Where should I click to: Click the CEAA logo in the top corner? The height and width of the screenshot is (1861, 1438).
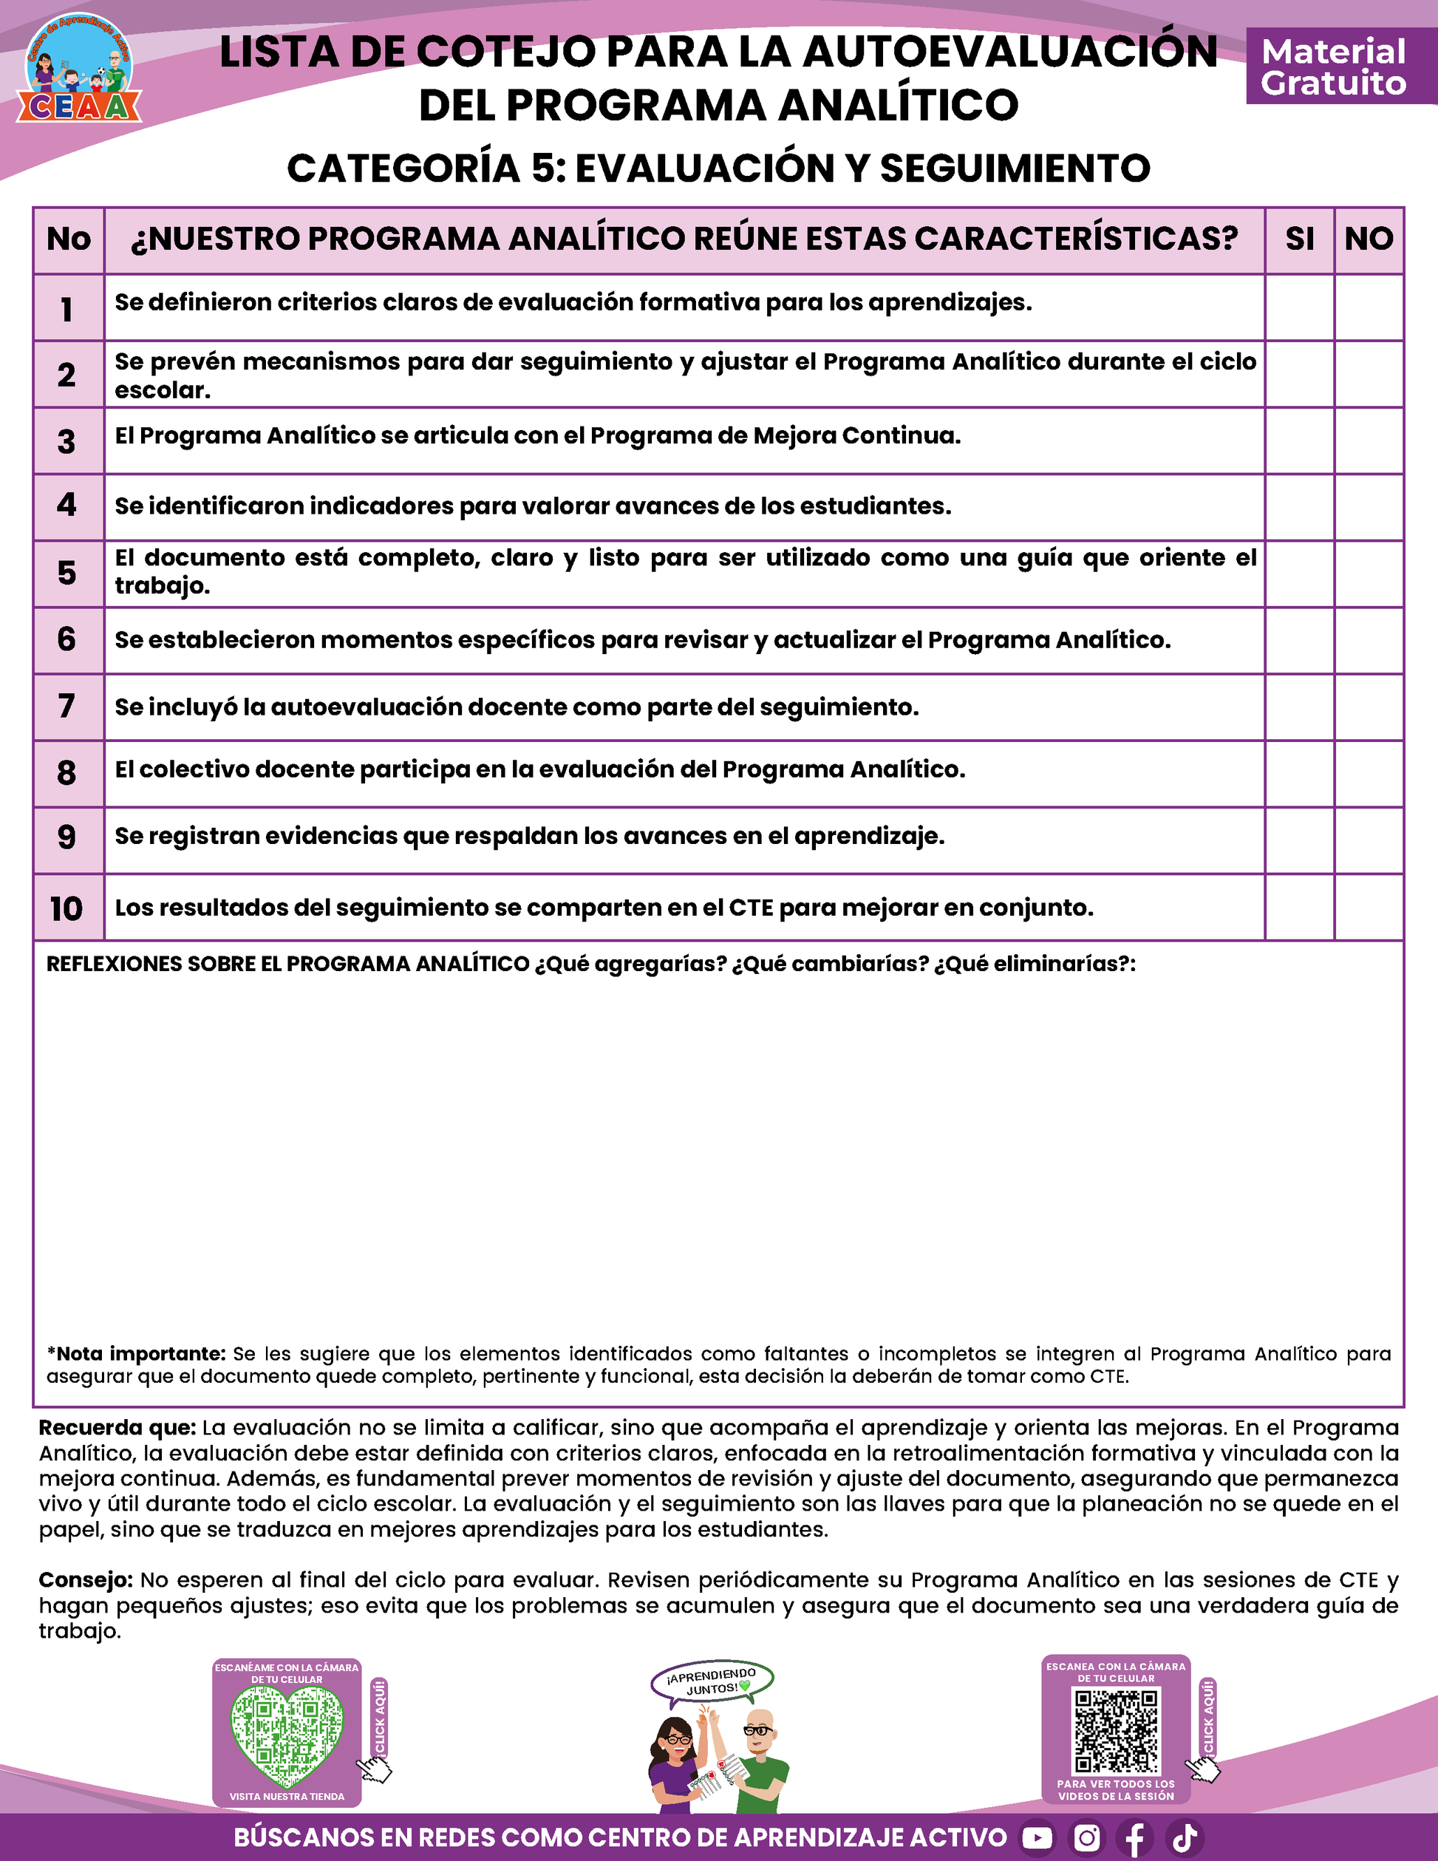click(x=78, y=70)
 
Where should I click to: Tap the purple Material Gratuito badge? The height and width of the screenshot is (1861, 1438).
click(x=1332, y=67)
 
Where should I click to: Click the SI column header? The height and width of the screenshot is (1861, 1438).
click(x=1299, y=239)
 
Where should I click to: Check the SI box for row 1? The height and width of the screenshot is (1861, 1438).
click(x=1299, y=307)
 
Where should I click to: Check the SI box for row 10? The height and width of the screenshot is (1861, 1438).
click(x=1299, y=908)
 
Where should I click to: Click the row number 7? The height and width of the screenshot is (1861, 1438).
click(x=67, y=707)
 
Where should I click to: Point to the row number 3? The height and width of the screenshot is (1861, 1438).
click(x=67, y=441)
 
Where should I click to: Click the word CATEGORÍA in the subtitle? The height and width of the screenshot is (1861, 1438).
click(x=403, y=168)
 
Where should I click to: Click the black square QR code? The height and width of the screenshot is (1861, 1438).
click(x=1116, y=1732)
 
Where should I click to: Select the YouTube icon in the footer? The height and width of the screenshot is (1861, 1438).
click(x=1037, y=1838)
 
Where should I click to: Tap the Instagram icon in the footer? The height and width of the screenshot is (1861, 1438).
click(x=1086, y=1838)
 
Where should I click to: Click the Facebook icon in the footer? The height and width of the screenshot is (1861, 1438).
click(x=1135, y=1838)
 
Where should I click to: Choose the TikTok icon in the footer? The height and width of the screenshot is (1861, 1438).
click(x=1184, y=1838)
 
